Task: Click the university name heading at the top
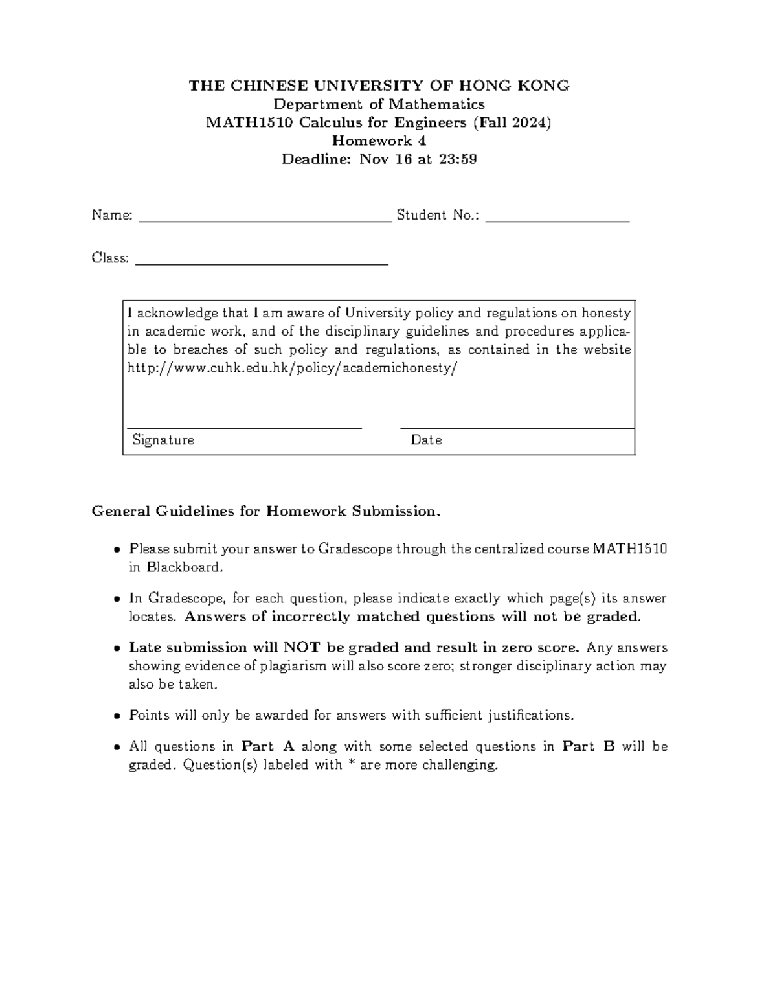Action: tap(379, 86)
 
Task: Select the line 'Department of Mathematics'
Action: tap(379, 104)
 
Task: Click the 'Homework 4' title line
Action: tap(379, 141)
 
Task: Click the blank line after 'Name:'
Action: tap(265, 220)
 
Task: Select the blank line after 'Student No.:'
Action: tap(557, 220)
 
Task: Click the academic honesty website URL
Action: tap(293, 368)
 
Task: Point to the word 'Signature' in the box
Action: tap(163, 440)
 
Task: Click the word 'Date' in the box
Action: tap(426, 440)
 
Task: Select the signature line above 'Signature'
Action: tap(244, 428)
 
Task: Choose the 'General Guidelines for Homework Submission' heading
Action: tap(266, 512)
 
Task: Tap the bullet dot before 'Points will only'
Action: tap(117, 716)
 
